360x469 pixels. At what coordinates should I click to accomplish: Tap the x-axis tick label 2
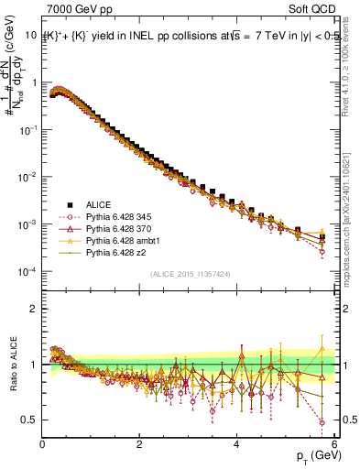click(140, 444)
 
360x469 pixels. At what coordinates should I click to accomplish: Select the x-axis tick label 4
click(237, 444)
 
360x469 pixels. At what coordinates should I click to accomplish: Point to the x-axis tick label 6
click(334, 444)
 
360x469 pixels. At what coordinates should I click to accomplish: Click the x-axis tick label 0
click(43, 444)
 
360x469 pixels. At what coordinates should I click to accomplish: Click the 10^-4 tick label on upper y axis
click(27, 272)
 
